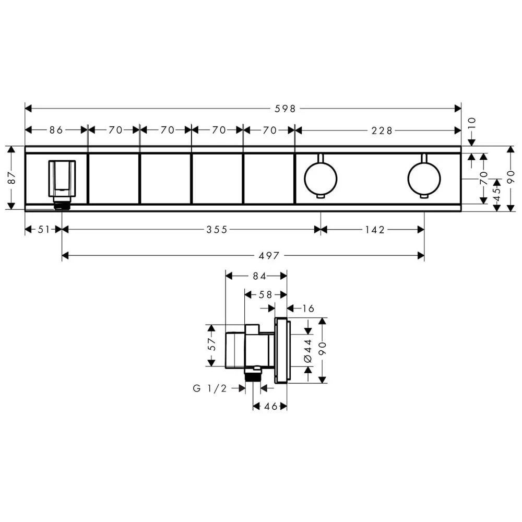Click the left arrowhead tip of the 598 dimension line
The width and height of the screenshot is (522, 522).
tap(25, 108)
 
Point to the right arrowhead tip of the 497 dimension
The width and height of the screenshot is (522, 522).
tap(424, 256)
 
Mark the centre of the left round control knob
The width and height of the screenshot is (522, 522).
tap(321, 179)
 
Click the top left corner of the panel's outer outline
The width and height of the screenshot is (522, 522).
tap(25, 146)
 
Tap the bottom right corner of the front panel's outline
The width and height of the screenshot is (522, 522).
tap(461, 211)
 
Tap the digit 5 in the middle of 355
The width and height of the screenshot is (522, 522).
tap(217, 229)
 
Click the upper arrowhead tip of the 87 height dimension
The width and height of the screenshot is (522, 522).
tap(11, 147)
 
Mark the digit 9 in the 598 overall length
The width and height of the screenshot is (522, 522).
tap(286, 109)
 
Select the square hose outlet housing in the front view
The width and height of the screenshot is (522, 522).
tap(62, 179)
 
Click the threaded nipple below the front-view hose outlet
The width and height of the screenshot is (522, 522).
tap(62, 204)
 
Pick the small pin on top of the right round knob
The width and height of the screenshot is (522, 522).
tap(424, 158)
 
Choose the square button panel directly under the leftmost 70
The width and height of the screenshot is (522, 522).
tap(114, 179)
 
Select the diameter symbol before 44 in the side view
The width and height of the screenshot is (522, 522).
tap(308, 359)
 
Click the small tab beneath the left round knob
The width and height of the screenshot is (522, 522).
tap(320, 196)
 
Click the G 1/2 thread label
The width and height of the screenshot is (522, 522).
tap(210, 388)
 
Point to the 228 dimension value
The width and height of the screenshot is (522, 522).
tap(382, 130)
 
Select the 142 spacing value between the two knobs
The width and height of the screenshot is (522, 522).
tap(375, 230)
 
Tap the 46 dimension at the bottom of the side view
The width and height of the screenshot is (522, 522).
tap(270, 406)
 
